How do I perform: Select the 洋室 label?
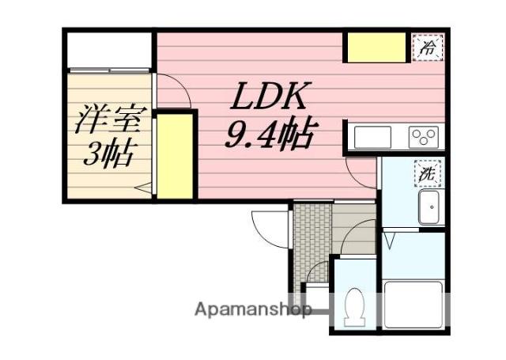tap(108, 121)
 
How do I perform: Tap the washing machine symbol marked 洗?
tap(428, 171)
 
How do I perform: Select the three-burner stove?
tap(424, 137)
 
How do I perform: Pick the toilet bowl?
tap(354, 305)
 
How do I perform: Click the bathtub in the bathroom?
tap(413, 304)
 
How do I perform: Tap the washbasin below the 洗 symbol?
tap(429, 208)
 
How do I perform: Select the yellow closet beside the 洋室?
tap(176, 156)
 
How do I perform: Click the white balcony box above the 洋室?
tap(108, 51)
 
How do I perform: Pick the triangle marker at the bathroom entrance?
tap(390, 237)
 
